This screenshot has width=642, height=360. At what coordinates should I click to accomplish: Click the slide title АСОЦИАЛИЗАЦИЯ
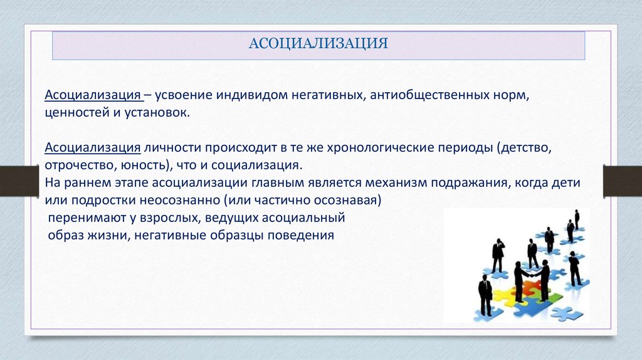pyautogui.click(x=318, y=43)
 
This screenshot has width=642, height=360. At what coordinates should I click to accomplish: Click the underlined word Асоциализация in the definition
pyautogui.click(x=93, y=95)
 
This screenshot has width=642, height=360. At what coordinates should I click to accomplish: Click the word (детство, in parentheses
pyautogui.click(x=525, y=148)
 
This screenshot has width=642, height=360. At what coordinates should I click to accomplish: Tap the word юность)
pyautogui.click(x=147, y=165)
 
